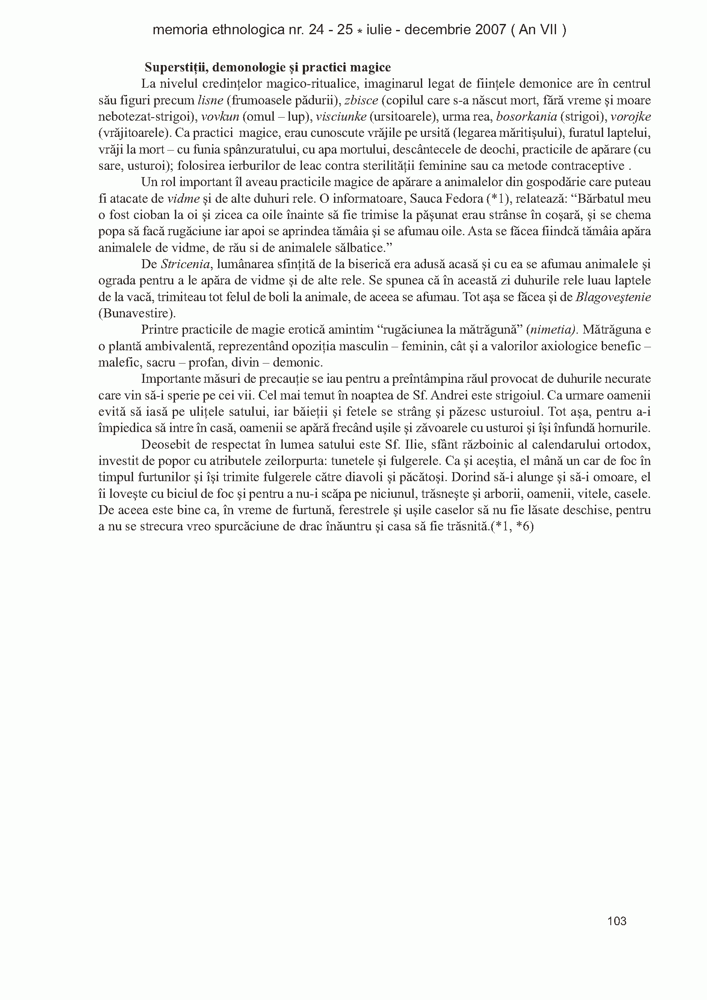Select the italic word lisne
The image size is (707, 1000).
pyautogui.click(x=210, y=101)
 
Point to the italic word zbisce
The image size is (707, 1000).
pyautogui.click(x=361, y=101)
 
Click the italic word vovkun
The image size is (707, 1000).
pyautogui.click(x=220, y=117)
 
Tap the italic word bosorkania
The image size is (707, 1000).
pyautogui.click(x=527, y=117)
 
